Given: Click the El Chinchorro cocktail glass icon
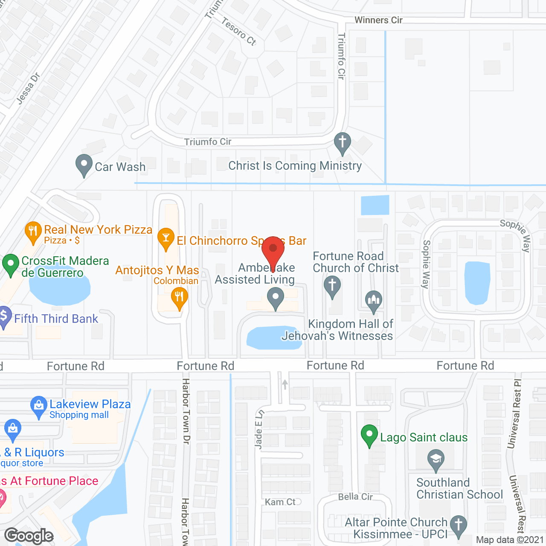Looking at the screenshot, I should pos(166,239).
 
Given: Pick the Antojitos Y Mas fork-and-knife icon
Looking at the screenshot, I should pos(179,297).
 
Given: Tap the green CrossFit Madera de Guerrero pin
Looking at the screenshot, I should pos(11,264).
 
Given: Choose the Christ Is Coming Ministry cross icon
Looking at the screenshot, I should pos(342,143).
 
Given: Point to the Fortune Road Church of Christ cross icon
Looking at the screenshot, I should pos(332,286).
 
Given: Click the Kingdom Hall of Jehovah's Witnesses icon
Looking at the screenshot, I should pos(374,300).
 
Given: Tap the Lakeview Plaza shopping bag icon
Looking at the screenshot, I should pos(38,406).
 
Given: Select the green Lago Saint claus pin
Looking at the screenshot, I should pos(369,436).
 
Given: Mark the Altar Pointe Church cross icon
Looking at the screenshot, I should pos(459,526).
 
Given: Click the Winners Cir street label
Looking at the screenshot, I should pos(378,20).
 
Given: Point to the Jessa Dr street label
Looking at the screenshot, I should pos(28,88).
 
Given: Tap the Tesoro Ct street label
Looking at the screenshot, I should pos(238,31).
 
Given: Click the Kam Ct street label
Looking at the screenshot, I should pos(280,502).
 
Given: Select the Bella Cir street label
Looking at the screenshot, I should pos(355,497).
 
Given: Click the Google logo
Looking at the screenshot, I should pos(29,536).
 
